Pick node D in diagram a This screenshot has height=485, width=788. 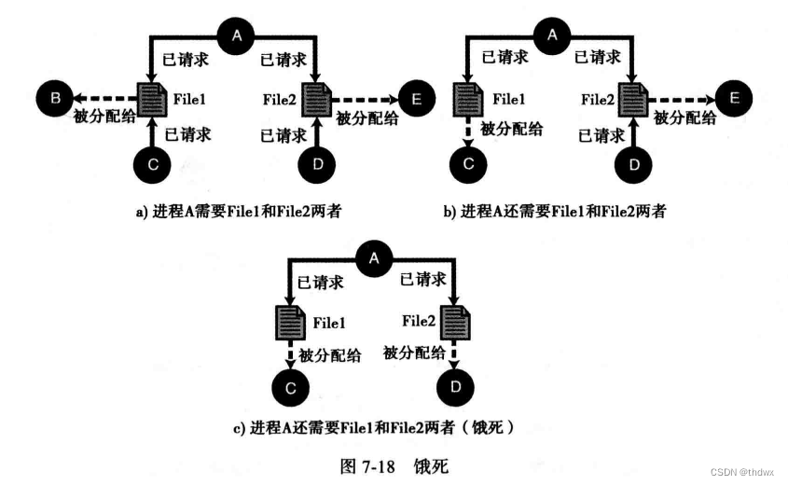[x=317, y=165]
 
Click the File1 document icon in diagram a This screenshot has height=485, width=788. [x=150, y=97]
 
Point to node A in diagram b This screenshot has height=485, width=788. [x=553, y=36]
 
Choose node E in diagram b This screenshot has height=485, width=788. [x=733, y=96]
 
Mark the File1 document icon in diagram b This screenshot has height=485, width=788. [x=466, y=97]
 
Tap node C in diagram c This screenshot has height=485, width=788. [x=290, y=384]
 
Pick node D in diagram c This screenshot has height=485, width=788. [x=455, y=384]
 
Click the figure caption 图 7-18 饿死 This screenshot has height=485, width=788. [x=394, y=464]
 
